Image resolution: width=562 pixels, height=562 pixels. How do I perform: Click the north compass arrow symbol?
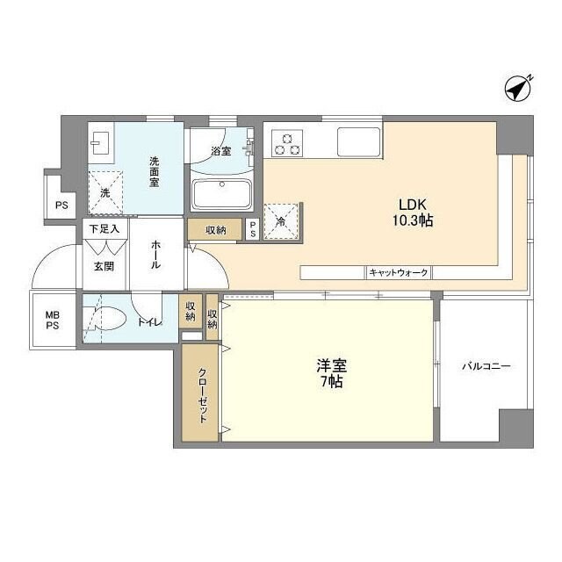click(x=519, y=89)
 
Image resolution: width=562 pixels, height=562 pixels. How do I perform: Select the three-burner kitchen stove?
click(x=287, y=142)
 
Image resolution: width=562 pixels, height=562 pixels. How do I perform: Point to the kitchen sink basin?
click(x=358, y=140)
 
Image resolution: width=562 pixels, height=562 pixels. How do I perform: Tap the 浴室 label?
click(x=221, y=151)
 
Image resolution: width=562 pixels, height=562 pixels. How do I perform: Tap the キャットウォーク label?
click(x=399, y=273)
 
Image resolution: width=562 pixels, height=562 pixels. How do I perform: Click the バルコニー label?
click(x=486, y=367)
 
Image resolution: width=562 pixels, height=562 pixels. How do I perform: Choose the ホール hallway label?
click(x=155, y=255)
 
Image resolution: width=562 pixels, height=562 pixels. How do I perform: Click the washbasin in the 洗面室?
click(x=99, y=141)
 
